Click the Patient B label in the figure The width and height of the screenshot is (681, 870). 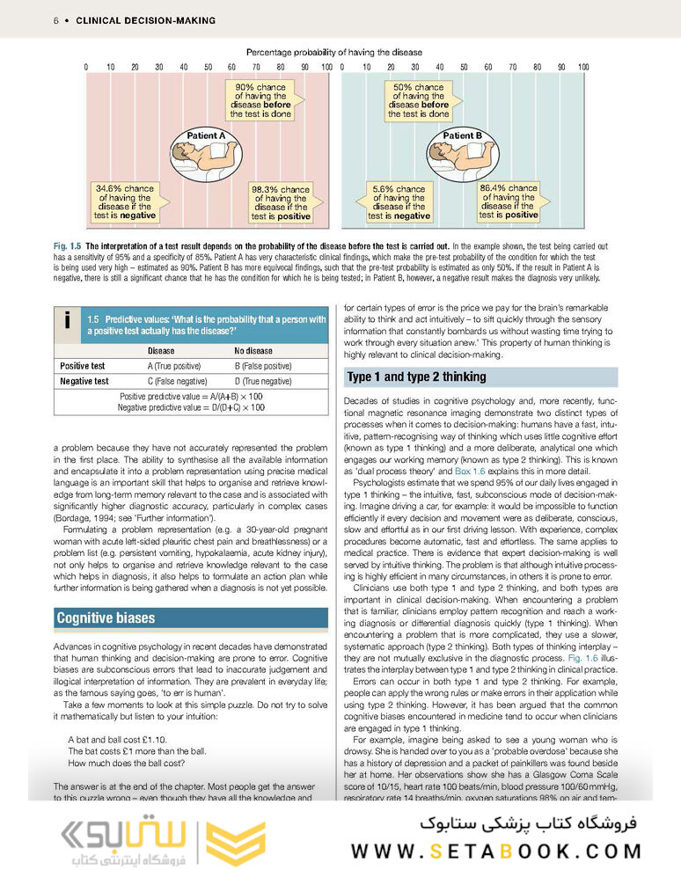point(462,135)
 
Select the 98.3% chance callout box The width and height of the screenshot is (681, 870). point(281,202)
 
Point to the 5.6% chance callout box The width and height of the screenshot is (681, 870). point(399,201)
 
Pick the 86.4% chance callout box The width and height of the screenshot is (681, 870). point(509,201)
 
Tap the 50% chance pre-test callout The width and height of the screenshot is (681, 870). point(418,100)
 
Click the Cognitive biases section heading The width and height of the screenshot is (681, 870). point(106,618)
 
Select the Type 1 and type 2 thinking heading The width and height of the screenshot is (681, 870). point(416,377)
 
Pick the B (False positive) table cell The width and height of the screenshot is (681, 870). point(262,365)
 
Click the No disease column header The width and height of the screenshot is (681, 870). point(253,350)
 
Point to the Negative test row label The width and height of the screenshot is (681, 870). point(84,381)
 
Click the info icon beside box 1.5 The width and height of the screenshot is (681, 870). point(68,322)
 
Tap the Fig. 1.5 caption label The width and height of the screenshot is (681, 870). point(66,245)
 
